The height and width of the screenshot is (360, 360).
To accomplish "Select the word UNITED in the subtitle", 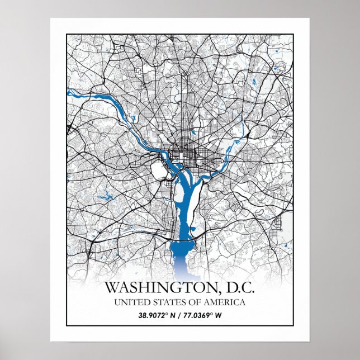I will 130,303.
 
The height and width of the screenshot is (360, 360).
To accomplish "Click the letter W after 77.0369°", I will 220,315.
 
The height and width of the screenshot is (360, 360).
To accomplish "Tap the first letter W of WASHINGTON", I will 112,288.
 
